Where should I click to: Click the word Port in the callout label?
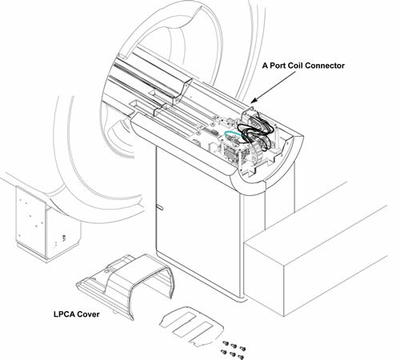pyautogui.click(x=278, y=66)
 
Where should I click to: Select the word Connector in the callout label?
pyautogui.click(x=324, y=66)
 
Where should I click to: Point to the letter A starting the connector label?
pyautogui.click(x=265, y=66)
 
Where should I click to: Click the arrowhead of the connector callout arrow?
pyautogui.click(x=254, y=101)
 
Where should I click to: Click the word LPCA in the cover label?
pyautogui.click(x=63, y=314)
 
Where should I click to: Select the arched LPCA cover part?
pyautogui.click(x=126, y=286)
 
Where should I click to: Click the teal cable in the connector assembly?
pyautogui.click(x=233, y=134)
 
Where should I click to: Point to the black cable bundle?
pyautogui.click(x=257, y=130)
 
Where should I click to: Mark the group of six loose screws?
pyautogui.click(x=234, y=350)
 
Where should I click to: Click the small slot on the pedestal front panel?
pyautogui.click(x=159, y=207)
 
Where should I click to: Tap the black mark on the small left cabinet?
pyautogui.click(x=64, y=238)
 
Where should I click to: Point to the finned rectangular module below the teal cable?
pyautogui.click(x=233, y=154)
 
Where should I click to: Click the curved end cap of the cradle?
pyautogui.click(x=270, y=166)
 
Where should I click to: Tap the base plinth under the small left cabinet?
pyautogui.click(x=46, y=254)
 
